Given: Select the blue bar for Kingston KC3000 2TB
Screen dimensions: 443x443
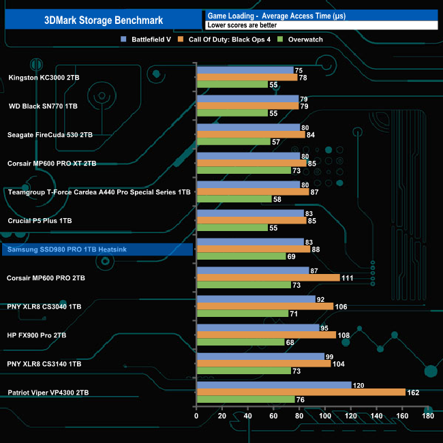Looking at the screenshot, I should coord(245,70).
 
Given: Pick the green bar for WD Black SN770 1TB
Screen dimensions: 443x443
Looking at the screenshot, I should coord(232,113).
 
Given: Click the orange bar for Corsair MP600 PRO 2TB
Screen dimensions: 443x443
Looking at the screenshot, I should coord(268,277).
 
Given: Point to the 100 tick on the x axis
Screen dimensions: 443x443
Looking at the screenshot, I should coord(325,416).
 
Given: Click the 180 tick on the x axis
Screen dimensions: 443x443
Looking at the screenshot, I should coord(428,416).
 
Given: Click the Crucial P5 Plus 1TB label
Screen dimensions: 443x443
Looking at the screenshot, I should coord(39,221).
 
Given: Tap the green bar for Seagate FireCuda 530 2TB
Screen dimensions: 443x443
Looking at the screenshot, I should coord(233,142).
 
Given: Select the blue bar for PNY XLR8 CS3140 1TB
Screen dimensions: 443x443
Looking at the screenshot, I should coord(260,356).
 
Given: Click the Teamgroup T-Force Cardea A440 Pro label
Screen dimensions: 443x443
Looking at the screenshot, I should coord(99,192).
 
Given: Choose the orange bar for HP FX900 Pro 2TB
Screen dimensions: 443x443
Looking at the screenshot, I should coord(266,335).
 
